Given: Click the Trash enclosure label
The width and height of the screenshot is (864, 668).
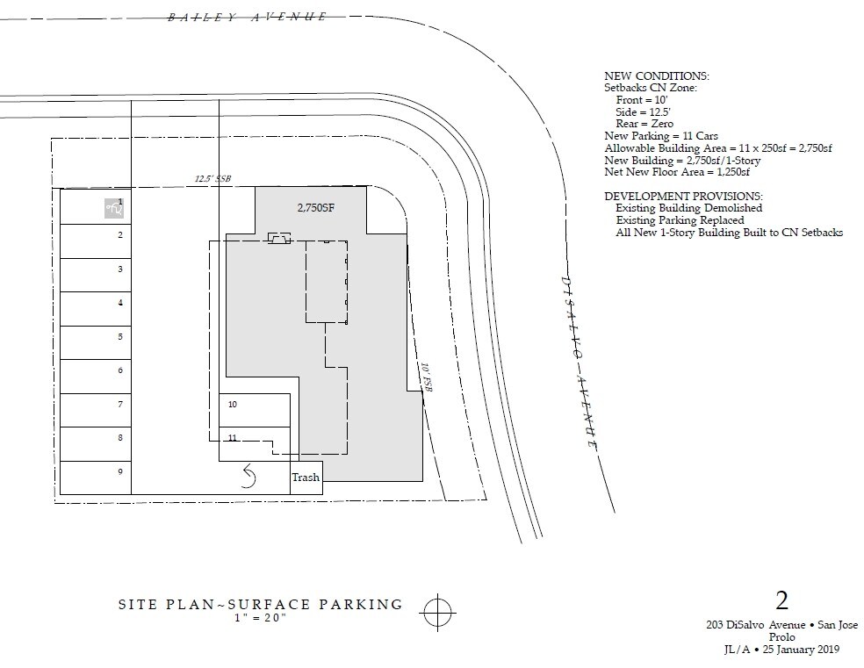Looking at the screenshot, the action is pos(306,478).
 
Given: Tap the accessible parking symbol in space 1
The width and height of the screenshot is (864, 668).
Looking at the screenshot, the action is pos(115,209).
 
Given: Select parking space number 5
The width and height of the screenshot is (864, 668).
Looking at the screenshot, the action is pos(96,342).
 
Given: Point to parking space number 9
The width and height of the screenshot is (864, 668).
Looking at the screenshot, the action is pos(96,478).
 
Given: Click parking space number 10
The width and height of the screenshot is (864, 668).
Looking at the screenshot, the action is pos(255,410).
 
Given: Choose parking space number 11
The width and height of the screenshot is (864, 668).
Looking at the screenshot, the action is pos(255,444).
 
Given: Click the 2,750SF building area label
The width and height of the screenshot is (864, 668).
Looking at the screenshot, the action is pos(316,208).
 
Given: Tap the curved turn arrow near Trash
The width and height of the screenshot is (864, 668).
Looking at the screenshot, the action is pos(249,476).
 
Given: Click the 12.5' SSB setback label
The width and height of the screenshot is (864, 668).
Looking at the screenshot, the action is pos(212,178).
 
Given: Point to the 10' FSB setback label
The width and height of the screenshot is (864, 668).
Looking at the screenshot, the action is pos(426,377).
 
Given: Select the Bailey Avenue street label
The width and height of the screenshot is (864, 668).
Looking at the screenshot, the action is pos(248,17).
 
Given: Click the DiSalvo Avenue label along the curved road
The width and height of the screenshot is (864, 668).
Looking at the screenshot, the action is pos(579,362).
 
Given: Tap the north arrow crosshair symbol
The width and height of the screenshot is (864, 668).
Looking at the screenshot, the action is pos(437,612).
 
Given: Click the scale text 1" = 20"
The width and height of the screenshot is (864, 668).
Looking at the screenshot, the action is pos(261,617).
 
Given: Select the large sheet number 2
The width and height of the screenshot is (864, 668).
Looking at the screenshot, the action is pos(781,600).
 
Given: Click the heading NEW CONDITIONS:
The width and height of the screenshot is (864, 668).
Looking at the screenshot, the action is pos(657,76).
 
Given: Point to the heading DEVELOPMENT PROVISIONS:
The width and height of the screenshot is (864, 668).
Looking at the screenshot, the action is pos(683,196).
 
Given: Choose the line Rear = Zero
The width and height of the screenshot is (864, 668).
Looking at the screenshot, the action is pos(644,124).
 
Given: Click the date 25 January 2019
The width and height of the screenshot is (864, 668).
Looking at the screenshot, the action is pos(801,650).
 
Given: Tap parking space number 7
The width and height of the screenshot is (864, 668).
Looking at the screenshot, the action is pos(96,410).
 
